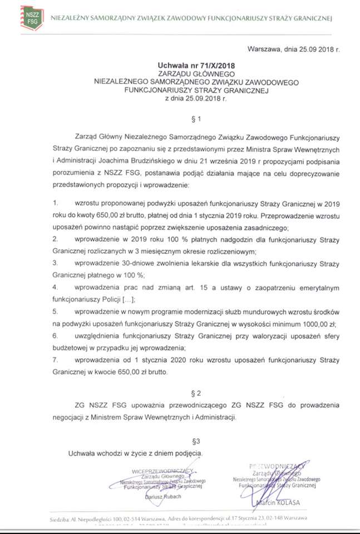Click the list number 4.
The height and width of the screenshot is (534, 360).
[55, 288]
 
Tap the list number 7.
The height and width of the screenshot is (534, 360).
[55, 360]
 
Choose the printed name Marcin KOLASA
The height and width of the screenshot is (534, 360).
[279, 504]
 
